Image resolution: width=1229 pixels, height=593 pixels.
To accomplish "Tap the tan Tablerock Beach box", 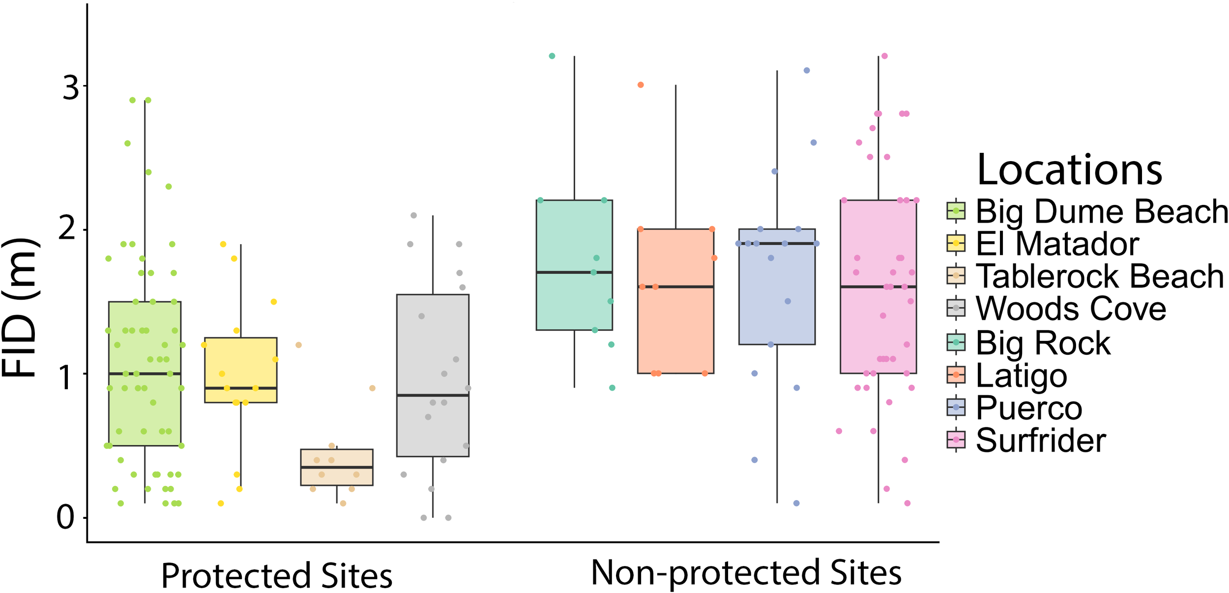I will [x=337, y=467].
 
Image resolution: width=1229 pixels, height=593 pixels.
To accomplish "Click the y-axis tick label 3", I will [x=71, y=88].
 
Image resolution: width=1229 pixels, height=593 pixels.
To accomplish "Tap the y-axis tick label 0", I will [x=66, y=517].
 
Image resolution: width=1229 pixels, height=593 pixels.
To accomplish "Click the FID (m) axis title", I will [x=20, y=307].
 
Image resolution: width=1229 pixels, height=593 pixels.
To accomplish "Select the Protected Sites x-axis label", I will [x=276, y=575].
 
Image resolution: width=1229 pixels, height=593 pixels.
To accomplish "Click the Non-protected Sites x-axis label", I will [x=746, y=573].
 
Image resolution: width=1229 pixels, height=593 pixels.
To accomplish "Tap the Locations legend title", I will [x=1069, y=169].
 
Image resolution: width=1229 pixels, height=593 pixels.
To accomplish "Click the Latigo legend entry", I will [x=1021, y=375].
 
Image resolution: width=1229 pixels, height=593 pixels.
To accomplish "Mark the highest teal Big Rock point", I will [x=552, y=56].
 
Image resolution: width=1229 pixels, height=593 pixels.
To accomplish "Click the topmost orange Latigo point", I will [x=641, y=85].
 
